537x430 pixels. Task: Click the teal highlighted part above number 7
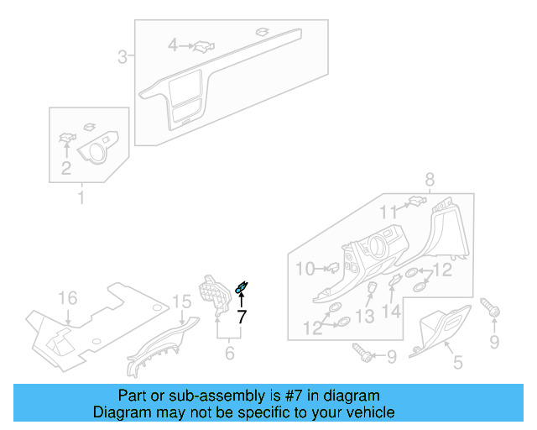coord(242,289)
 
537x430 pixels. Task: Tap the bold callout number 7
coord(242,317)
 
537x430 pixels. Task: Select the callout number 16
coord(66,299)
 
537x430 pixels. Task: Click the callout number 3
coord(123,57)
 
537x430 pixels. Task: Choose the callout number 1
coord(81,198)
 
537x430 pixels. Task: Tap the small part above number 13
coord(369,291)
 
